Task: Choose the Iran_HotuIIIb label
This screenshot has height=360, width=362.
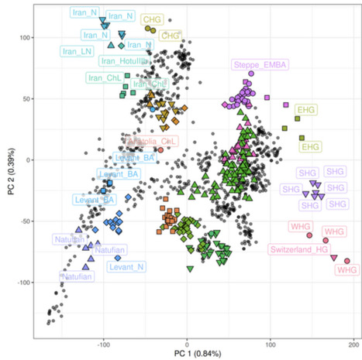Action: point(124,62)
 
